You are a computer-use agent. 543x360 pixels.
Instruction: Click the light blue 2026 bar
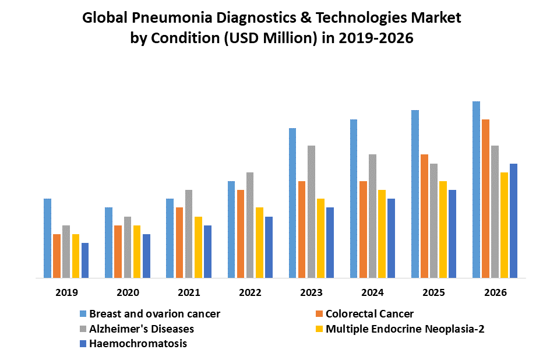click(x=476, y=190)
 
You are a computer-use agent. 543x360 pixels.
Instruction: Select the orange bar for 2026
click(x=485, y=199)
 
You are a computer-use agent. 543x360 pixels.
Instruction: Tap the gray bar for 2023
click(x=311, y=212)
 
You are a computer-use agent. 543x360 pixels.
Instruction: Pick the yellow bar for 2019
click(x=75, y=256)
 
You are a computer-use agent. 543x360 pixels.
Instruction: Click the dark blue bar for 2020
click(x=146, y=256)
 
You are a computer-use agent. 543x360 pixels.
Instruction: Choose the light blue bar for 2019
click(x=47, y=238)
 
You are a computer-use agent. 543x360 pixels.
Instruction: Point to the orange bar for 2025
click(x=424, y=216)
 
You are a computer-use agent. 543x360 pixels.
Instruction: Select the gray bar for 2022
click(x=250, y=225)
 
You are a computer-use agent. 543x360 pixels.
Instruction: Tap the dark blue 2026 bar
click(x=513, y=221)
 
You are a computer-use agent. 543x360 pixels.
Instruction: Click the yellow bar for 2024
click(x=382, y=234)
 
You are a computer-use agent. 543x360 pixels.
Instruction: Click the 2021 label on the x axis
click(x=189, y=292)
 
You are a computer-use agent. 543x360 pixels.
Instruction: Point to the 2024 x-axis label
click(x=372, y=292)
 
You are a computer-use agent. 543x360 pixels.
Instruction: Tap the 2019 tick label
click(x=66, y=292)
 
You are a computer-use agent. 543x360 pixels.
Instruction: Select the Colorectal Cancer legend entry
click(x=369, y=314)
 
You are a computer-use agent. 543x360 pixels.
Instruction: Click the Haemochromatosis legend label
click(x=138, y=344)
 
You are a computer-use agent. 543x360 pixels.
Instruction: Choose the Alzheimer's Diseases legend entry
click(x=142, y=329)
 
